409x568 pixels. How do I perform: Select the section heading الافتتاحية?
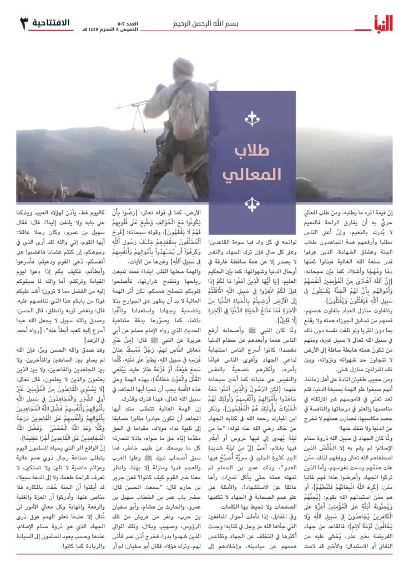click(51, 23)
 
